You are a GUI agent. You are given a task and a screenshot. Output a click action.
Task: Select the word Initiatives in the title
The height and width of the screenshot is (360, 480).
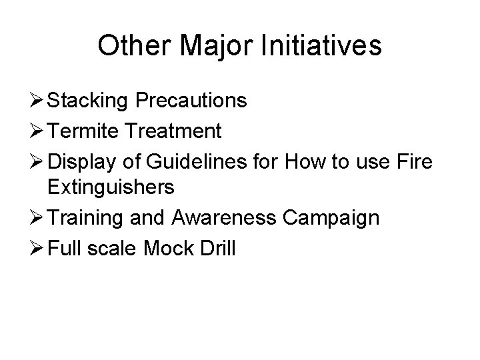click(325, 47)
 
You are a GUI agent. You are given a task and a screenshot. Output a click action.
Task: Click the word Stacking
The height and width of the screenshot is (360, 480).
click(90, 101)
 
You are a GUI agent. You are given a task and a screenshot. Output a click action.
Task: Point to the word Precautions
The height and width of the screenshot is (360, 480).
click(193, 101)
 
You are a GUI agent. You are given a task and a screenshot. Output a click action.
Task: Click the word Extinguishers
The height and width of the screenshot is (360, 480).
click(111, 188)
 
